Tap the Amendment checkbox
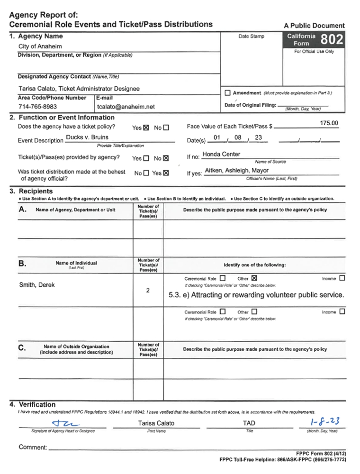coord(228,93)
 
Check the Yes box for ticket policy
coord(146,128)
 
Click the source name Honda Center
coord(221,154)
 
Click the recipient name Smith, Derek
coord(37,285)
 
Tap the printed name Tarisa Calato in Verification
coord(156,423)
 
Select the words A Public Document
coord(314,26)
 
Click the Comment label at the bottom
coord(33,447)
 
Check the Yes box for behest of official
coord(166,173)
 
